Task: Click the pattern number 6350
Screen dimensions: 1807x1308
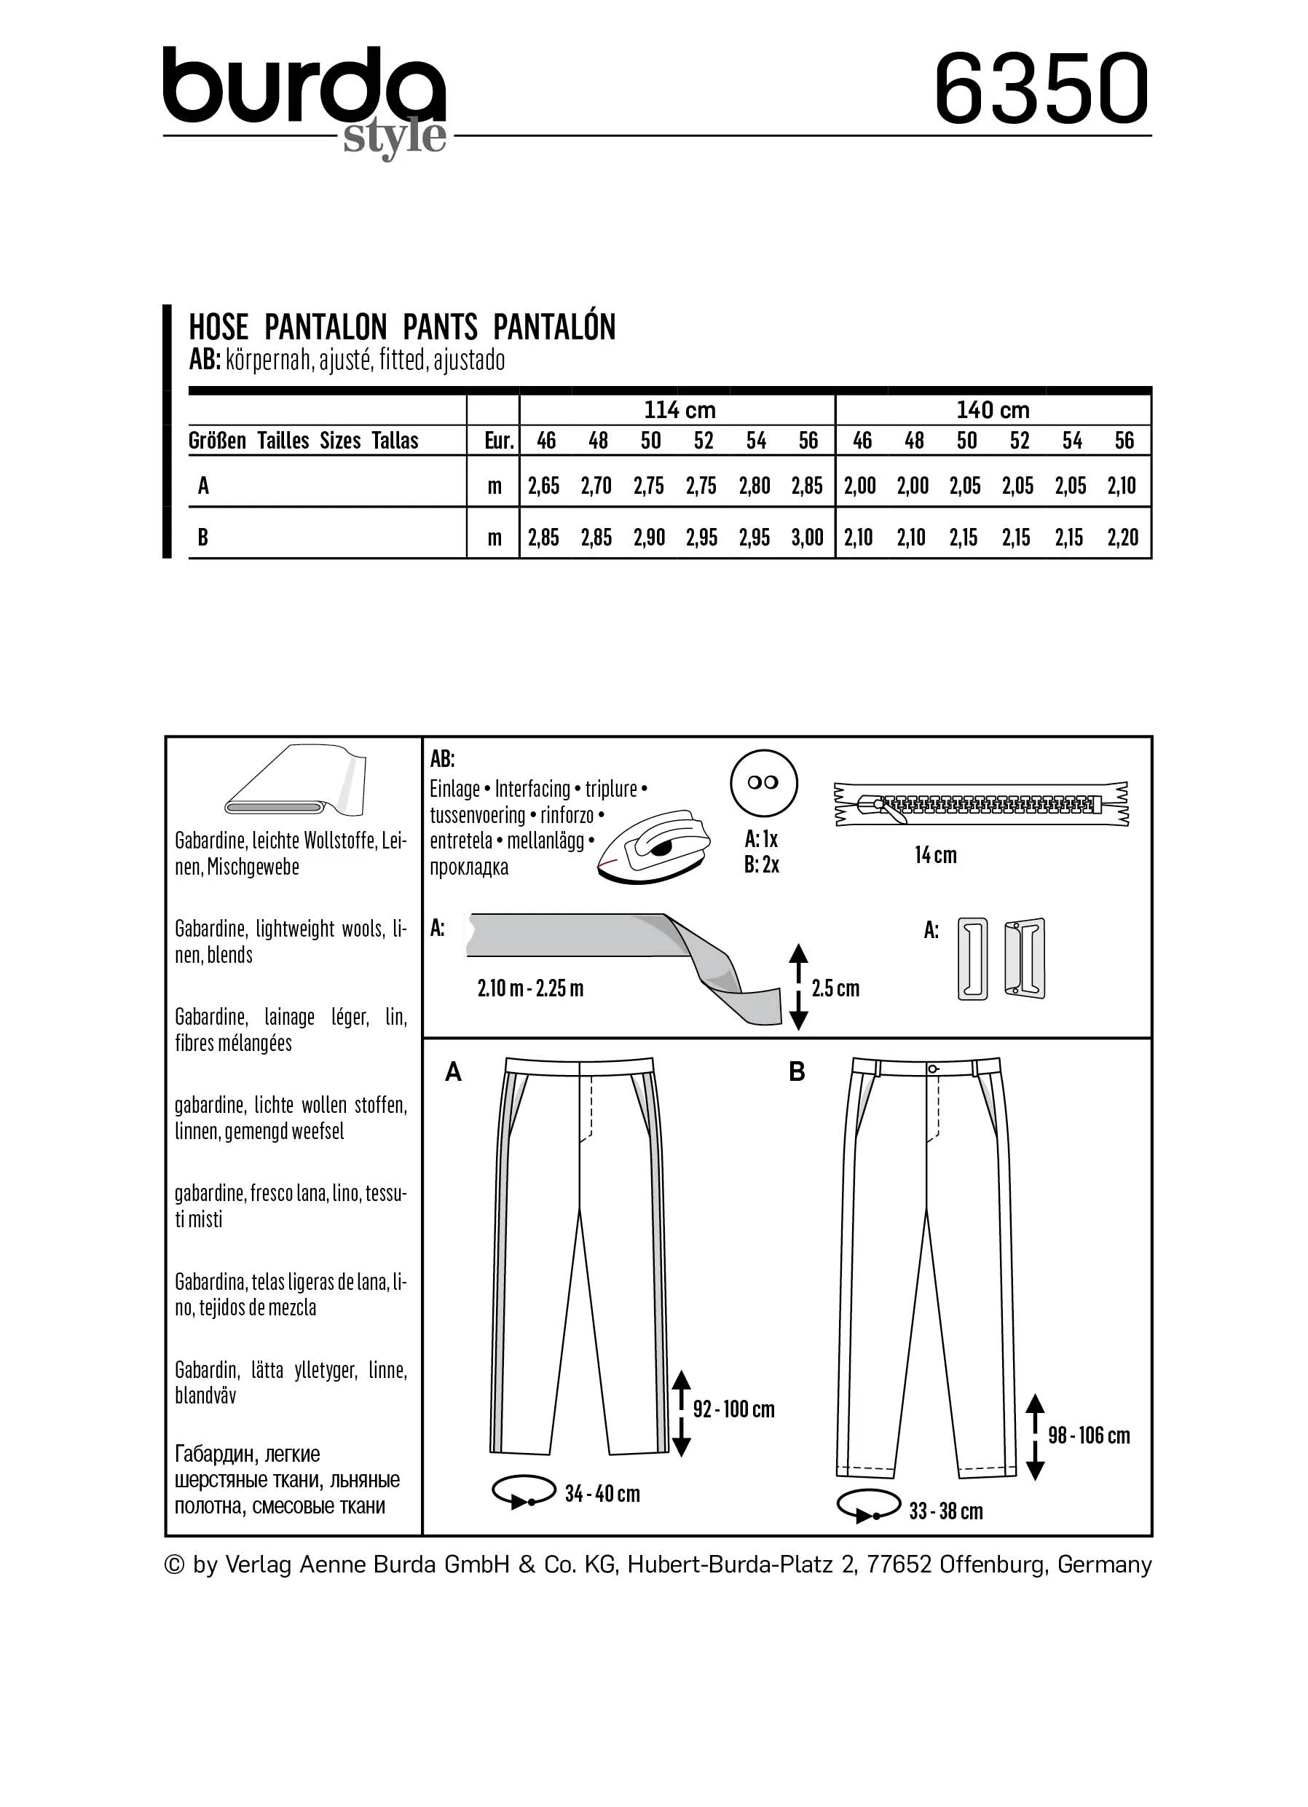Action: point(1041,88)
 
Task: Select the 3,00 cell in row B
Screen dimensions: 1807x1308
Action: point(807,538)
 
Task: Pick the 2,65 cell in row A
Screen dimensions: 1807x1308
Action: point(544,486)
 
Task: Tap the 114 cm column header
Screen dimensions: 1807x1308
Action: point(679,410)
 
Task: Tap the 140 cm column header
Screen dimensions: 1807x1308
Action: point(993,410)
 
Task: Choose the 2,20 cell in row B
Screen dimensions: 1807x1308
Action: point(1122,538)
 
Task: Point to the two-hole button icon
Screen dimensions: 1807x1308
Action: point(763,782)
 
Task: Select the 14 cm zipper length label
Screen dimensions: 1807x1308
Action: point(935,855)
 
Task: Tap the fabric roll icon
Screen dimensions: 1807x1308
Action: point(296,782)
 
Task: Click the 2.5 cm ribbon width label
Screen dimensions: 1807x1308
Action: point(835,989)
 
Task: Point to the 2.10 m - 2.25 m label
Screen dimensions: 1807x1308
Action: point(530,989)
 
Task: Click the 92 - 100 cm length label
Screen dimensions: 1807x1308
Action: point(733,1409)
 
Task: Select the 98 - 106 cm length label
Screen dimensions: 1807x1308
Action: point(1088,1435)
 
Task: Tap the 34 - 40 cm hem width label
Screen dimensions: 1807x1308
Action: point(602,1493)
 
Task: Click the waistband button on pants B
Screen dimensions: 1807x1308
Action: point(933,1069)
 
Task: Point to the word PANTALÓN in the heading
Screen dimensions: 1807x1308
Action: point(554,328)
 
